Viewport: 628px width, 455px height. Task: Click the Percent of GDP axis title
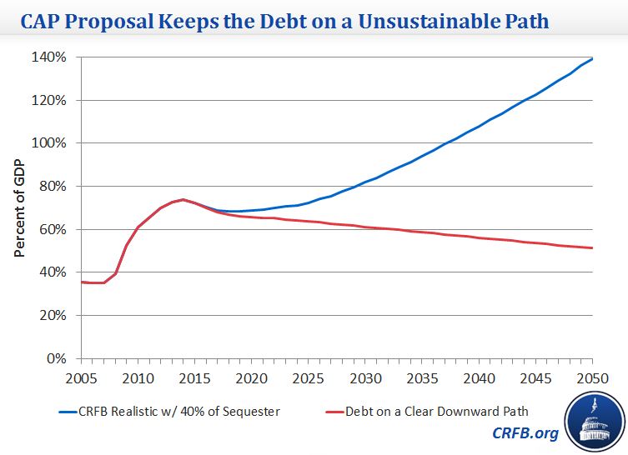tap(19, 207)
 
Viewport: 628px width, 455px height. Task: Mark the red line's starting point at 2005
tap(81, 282)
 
